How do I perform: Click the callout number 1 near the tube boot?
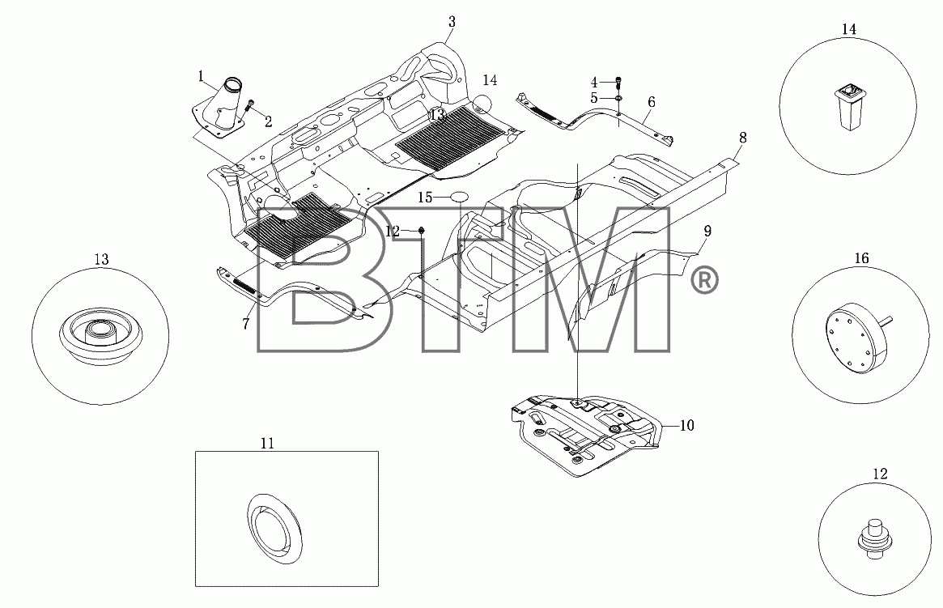coord(201,76)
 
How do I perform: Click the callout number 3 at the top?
coord(452,22)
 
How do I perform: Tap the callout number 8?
coord(743,138)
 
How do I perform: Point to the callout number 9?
coord(707,231)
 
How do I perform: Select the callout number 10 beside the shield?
coord(686,426)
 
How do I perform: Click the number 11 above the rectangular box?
coord(268,443)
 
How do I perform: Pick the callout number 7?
coord(246,324)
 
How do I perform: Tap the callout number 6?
coord(652,102)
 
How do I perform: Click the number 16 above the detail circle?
coord(862,258)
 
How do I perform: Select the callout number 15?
coord(425,198)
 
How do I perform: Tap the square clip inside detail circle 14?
coord(848,107)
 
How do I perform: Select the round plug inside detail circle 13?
coord(100,334)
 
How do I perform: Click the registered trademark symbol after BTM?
coord(703,281)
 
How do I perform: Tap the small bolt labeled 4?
coord(619,82)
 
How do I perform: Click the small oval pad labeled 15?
coord(460,197)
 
